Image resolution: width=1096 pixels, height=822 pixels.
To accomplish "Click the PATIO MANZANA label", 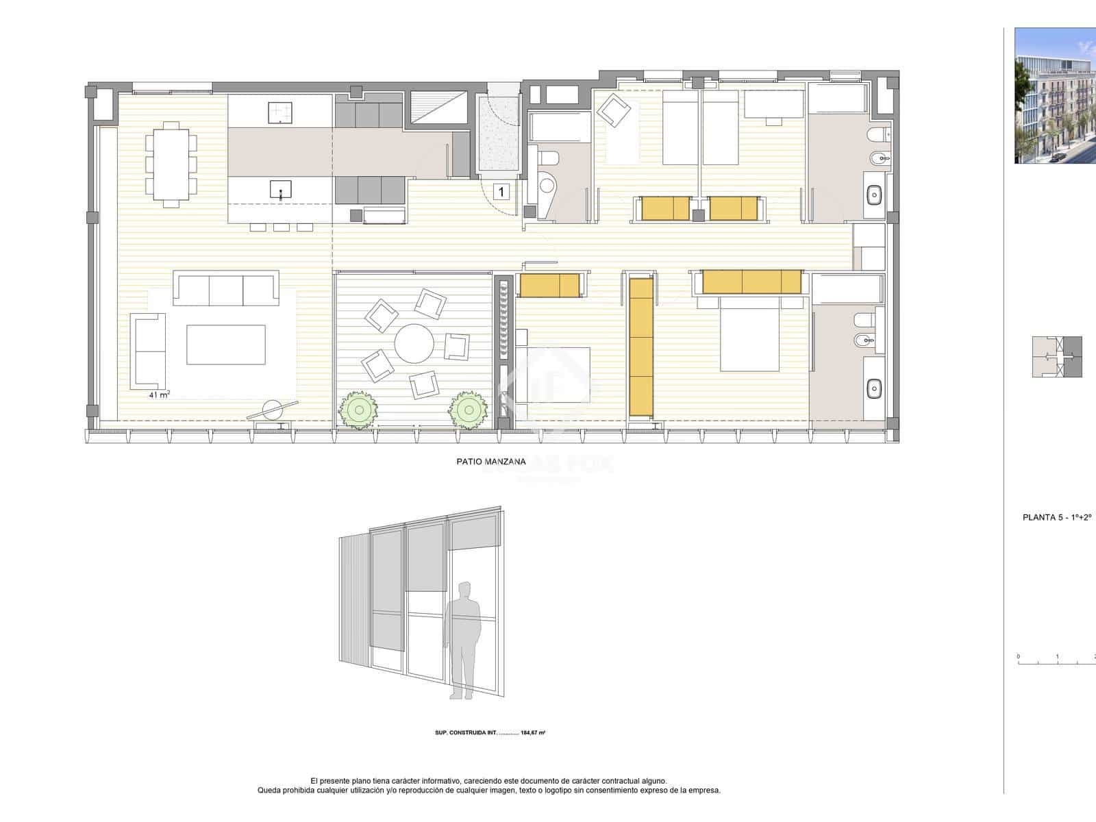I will click(490, 462).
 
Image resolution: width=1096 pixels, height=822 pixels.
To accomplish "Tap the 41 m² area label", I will click(160, 395).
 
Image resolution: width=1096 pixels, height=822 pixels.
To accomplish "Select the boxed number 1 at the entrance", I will click(501, 192).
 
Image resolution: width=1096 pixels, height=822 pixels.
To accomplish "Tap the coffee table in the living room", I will click(225, 345).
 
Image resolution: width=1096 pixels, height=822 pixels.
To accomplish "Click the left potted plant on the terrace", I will click(356, 410).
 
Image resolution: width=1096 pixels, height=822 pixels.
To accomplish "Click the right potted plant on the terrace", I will click(468, 410).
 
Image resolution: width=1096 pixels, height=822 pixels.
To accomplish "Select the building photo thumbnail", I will click(1055, 95).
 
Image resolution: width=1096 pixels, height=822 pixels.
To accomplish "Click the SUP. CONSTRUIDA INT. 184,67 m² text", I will click(490, 733).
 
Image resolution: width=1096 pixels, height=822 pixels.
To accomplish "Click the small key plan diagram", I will click(1057, 357).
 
